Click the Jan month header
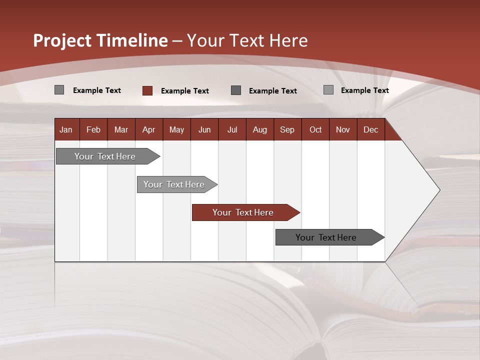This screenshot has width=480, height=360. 66,129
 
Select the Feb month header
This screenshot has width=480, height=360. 93,129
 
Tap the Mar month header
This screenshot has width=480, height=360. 121,129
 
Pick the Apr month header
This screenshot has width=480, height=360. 148,129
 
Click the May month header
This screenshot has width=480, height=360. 176,129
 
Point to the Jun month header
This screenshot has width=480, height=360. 204,129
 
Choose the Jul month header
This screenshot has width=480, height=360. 232,129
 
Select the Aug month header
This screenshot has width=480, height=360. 259,129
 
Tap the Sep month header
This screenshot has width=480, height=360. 287,129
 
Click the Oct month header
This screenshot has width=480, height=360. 315,129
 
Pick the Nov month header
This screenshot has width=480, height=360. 343,129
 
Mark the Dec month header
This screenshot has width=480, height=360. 370,129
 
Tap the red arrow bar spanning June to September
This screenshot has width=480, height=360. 243,212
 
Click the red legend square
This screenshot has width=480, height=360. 147,90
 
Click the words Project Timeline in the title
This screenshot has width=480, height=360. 100,40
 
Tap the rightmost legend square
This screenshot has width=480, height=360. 328,90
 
